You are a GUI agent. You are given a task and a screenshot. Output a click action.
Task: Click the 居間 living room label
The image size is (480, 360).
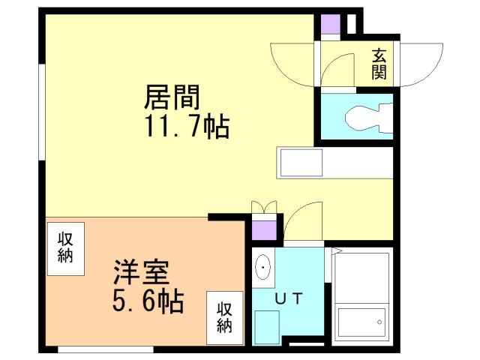click(172, 97)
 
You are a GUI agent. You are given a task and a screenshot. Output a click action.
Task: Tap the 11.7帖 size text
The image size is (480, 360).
click(187, 126)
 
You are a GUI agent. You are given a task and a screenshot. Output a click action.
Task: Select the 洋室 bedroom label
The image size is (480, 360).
click(141, 272)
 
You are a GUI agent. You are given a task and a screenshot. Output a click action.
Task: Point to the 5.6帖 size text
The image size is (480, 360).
click(148, 300)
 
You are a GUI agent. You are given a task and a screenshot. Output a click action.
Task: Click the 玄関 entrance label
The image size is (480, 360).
click(379, 64)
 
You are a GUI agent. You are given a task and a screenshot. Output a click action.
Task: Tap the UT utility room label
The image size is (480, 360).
click(289, 298)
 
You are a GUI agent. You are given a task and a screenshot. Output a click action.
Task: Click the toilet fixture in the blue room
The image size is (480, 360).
click(369, 118)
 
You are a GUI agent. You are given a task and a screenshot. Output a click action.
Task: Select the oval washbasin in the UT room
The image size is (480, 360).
click(262, 267)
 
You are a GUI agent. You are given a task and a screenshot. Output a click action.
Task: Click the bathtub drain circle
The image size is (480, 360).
click(379, 322)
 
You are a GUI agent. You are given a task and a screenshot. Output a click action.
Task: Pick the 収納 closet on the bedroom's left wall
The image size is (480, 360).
click(66, 249)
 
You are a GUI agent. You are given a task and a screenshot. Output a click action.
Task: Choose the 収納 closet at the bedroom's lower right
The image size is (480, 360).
click(225, 318)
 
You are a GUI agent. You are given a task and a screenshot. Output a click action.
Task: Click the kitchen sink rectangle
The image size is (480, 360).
click(301, 163)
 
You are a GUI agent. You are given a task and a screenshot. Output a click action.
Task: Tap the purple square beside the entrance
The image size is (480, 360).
click(330, 24)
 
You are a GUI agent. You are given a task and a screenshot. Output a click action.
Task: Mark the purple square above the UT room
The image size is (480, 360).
click(264, 230)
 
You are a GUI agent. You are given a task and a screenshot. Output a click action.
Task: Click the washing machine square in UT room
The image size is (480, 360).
click(267, 327)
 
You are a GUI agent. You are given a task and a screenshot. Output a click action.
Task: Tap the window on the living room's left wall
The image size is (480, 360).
click(42, 112)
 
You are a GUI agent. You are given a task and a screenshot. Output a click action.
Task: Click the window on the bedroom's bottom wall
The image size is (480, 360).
click(106, 349)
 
